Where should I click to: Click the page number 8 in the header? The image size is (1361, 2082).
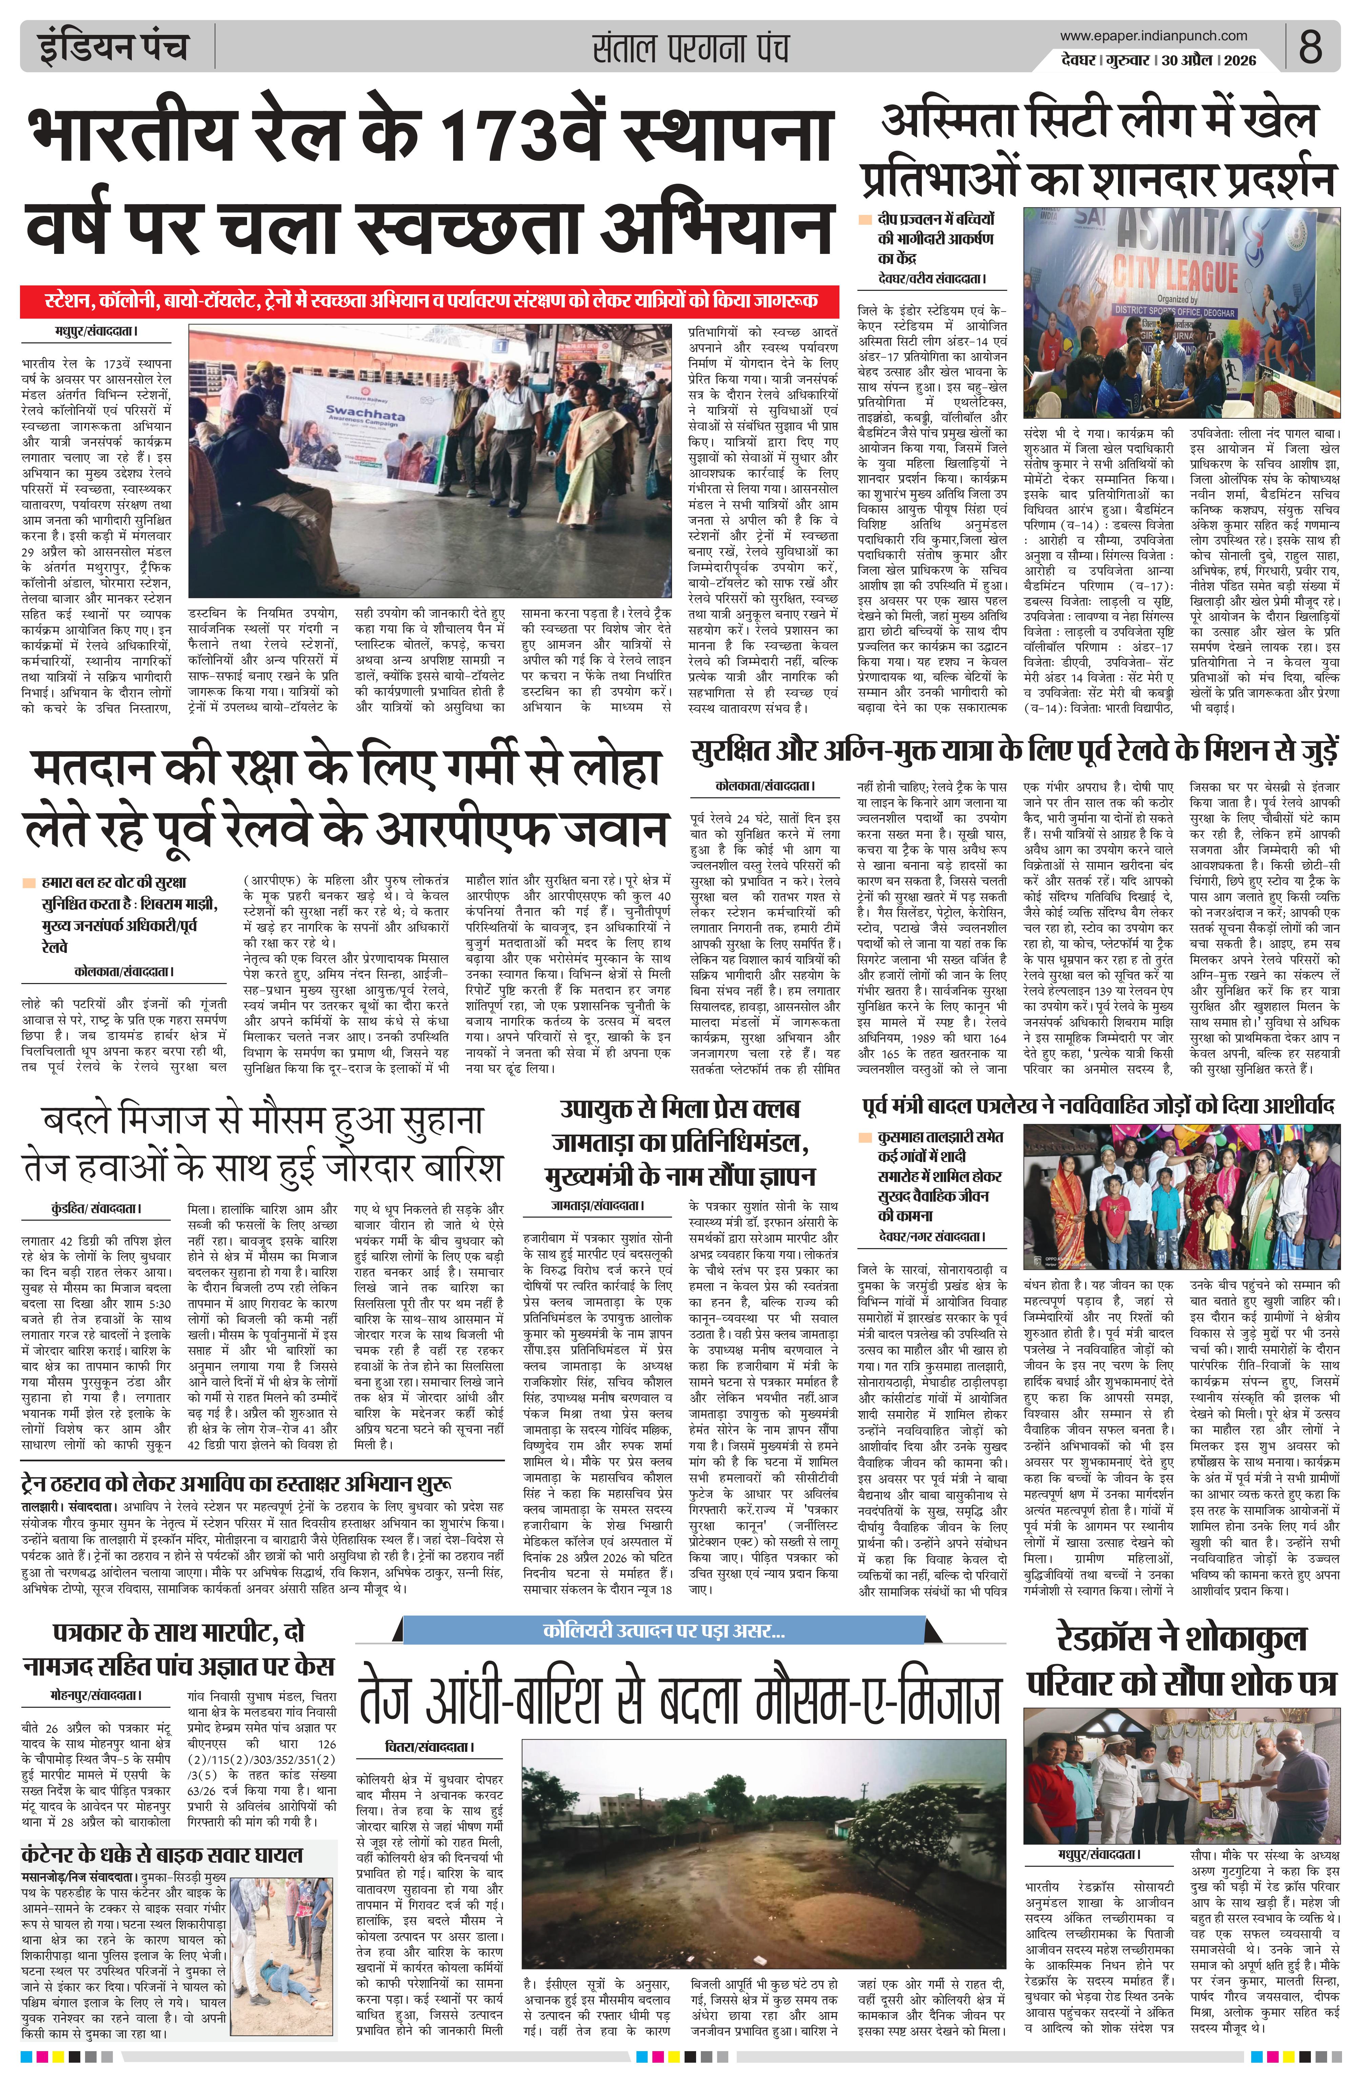click(1309, 46)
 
